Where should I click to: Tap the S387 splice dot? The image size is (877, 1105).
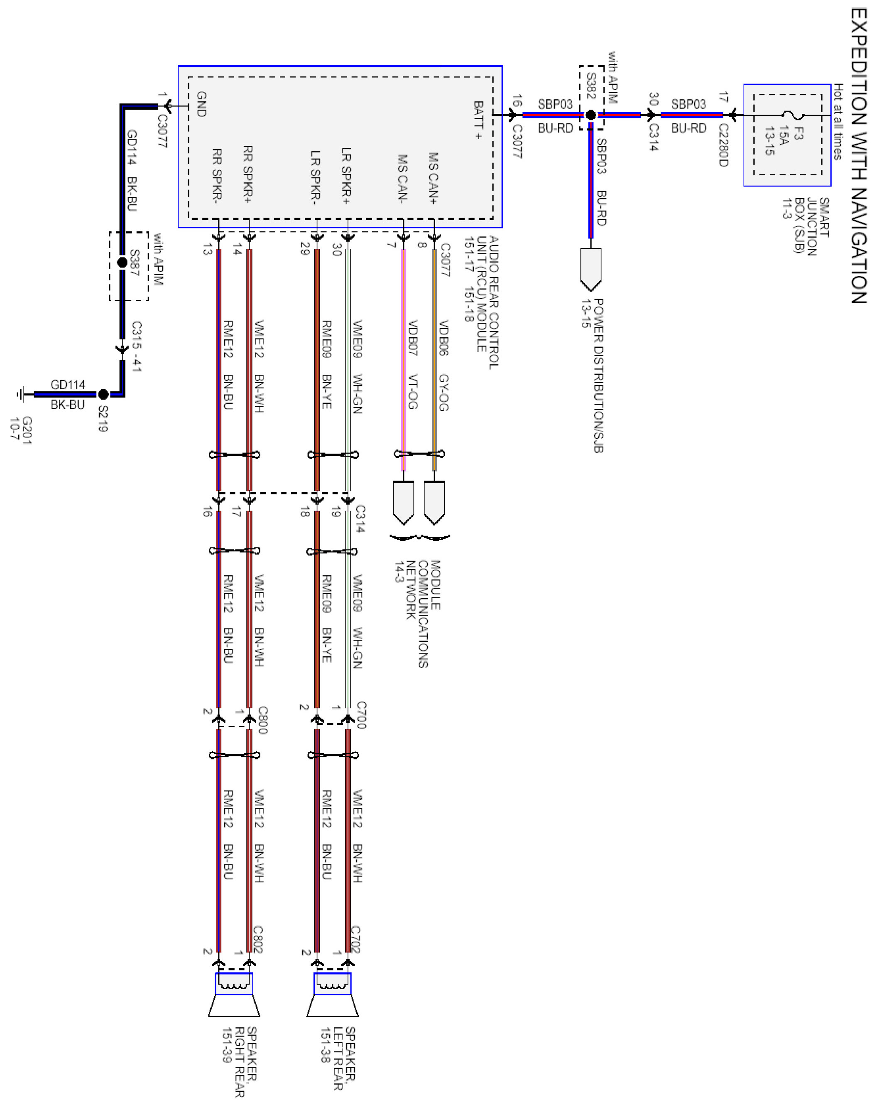click(122, 263)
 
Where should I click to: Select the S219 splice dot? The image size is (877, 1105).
click(103, 394)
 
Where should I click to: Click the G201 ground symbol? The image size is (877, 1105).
click(20, 394)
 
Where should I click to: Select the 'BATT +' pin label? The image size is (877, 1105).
click(478, 120)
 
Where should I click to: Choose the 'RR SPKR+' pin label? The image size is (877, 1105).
click(247, 174)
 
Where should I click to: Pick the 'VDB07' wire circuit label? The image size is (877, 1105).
click(413, 338)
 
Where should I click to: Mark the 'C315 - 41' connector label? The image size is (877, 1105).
click(136, 346)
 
